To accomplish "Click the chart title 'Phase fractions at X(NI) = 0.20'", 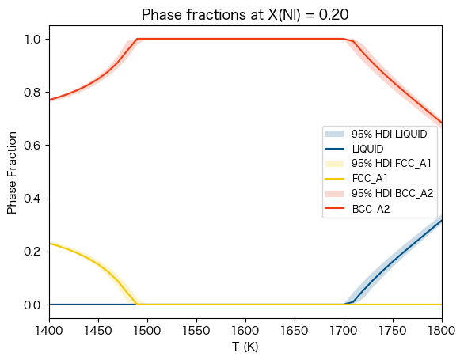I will pos(245,15).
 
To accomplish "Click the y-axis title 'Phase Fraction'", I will pos(12,172).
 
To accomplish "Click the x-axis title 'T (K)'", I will pos(245,347).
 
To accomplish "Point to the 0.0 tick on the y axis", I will pos(32,305).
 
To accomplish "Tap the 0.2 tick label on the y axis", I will pos(32,252).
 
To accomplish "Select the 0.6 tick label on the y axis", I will pos(32,146).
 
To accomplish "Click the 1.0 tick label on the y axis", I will pos(32,40).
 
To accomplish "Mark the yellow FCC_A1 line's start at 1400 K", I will pos(49,244).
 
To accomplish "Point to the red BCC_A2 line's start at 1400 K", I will pos(49,100).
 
